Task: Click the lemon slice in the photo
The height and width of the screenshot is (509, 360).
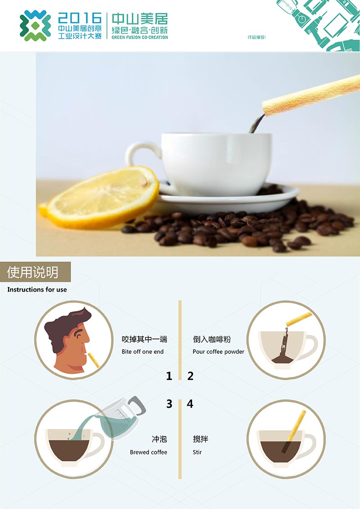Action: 101,197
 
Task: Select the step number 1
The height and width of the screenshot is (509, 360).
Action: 169,376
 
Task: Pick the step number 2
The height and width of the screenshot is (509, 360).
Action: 190,376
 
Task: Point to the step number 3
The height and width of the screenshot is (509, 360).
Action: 169,404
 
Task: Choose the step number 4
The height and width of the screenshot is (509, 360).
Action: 190,404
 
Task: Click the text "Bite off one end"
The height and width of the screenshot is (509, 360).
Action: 143,351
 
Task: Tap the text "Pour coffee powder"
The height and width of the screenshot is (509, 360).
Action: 218,351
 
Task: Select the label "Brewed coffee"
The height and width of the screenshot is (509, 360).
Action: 148,452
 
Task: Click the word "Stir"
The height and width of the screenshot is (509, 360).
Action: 197,452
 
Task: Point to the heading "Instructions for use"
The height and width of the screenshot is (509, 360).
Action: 37,289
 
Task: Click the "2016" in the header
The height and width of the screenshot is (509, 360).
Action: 80,18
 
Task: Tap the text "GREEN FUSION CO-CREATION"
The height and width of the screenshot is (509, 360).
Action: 139,37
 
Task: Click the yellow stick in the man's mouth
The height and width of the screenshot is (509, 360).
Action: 94,360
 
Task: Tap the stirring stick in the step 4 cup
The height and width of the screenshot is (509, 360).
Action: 294,431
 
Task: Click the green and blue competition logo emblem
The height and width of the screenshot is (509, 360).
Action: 35,26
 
